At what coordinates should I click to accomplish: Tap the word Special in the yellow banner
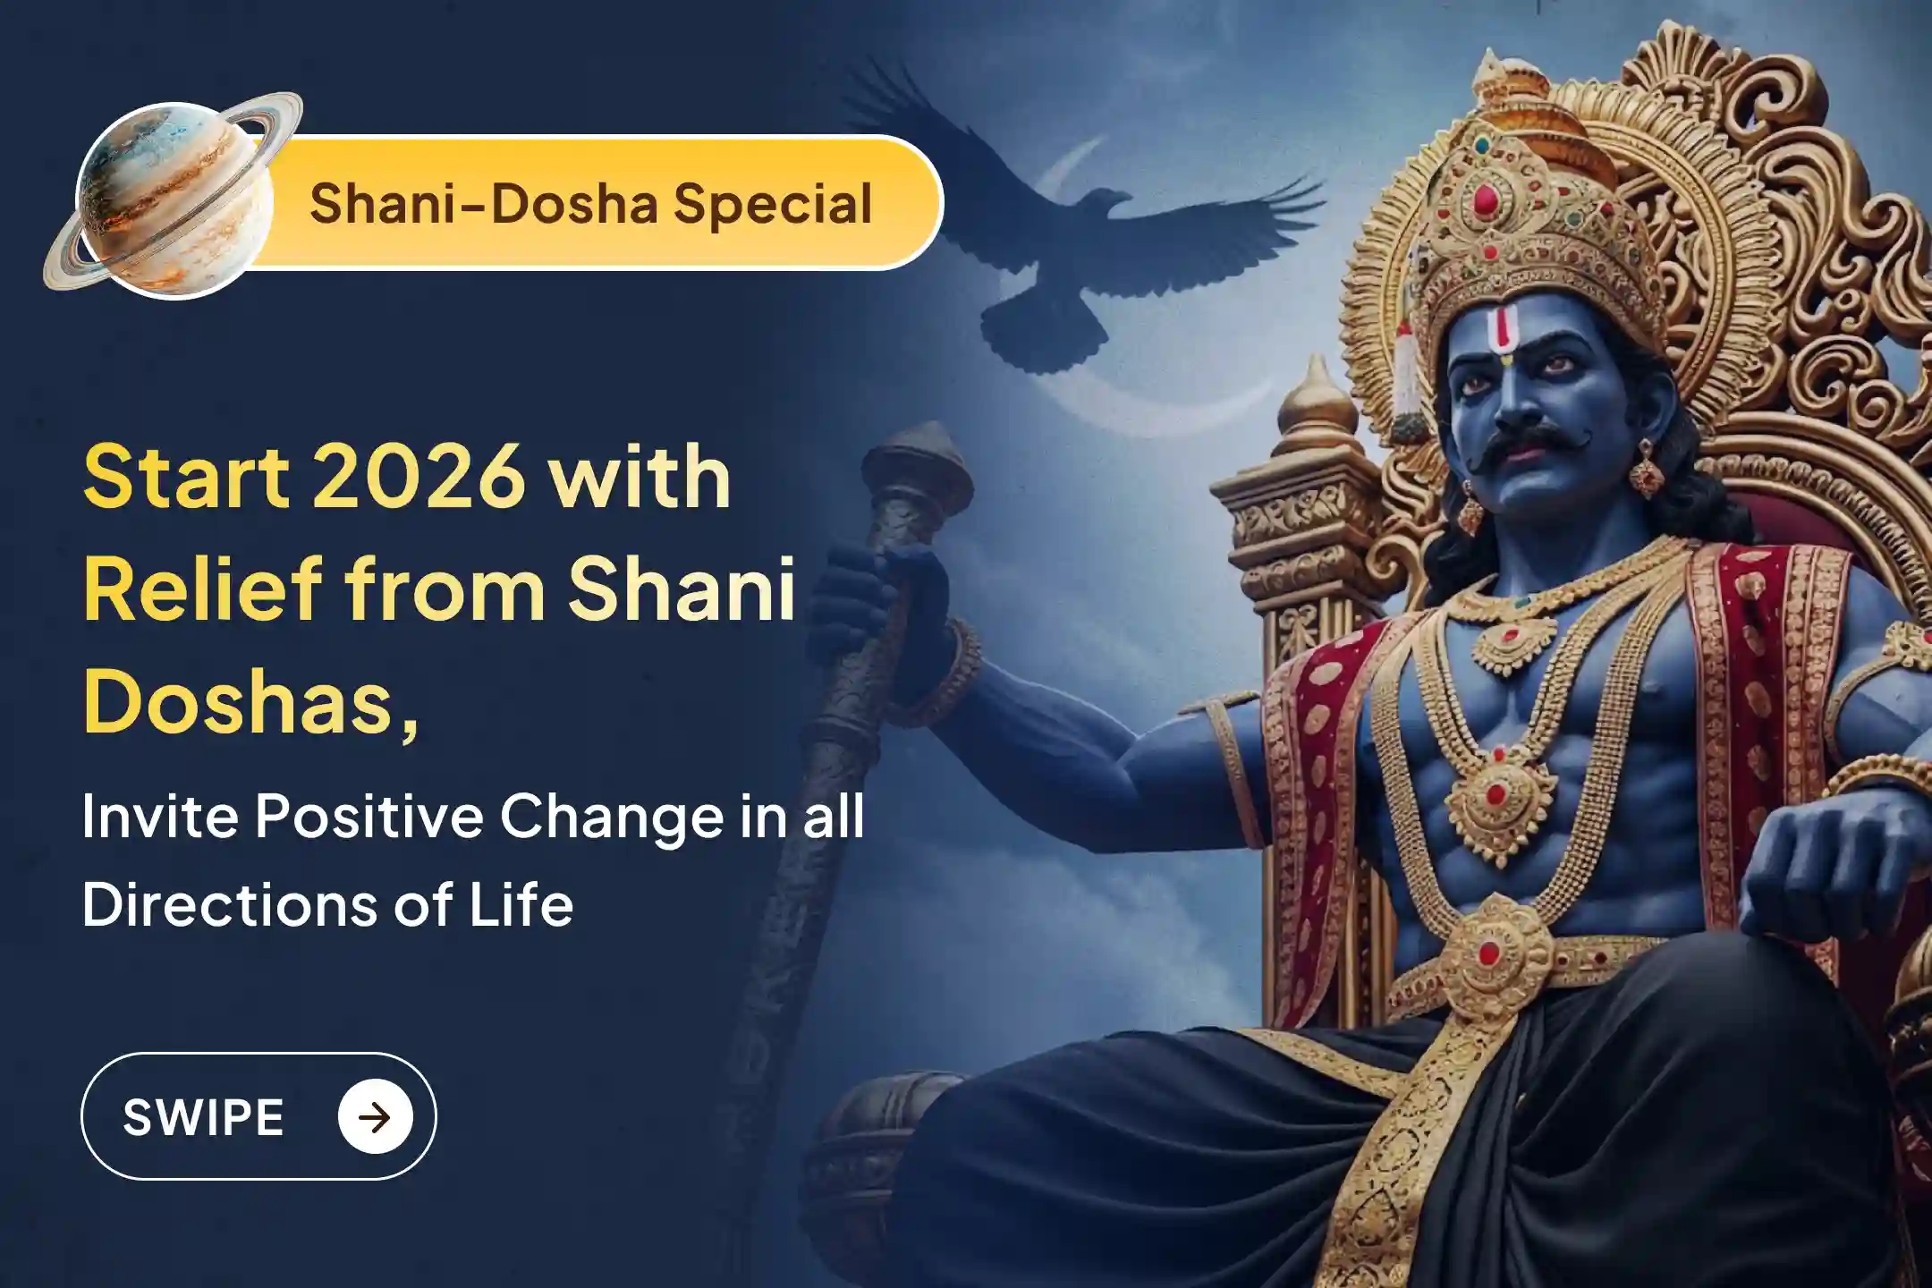773,204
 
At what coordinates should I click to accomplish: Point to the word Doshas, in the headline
250,699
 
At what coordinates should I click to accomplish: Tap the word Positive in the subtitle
369,817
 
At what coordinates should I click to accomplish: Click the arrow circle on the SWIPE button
376,1116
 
